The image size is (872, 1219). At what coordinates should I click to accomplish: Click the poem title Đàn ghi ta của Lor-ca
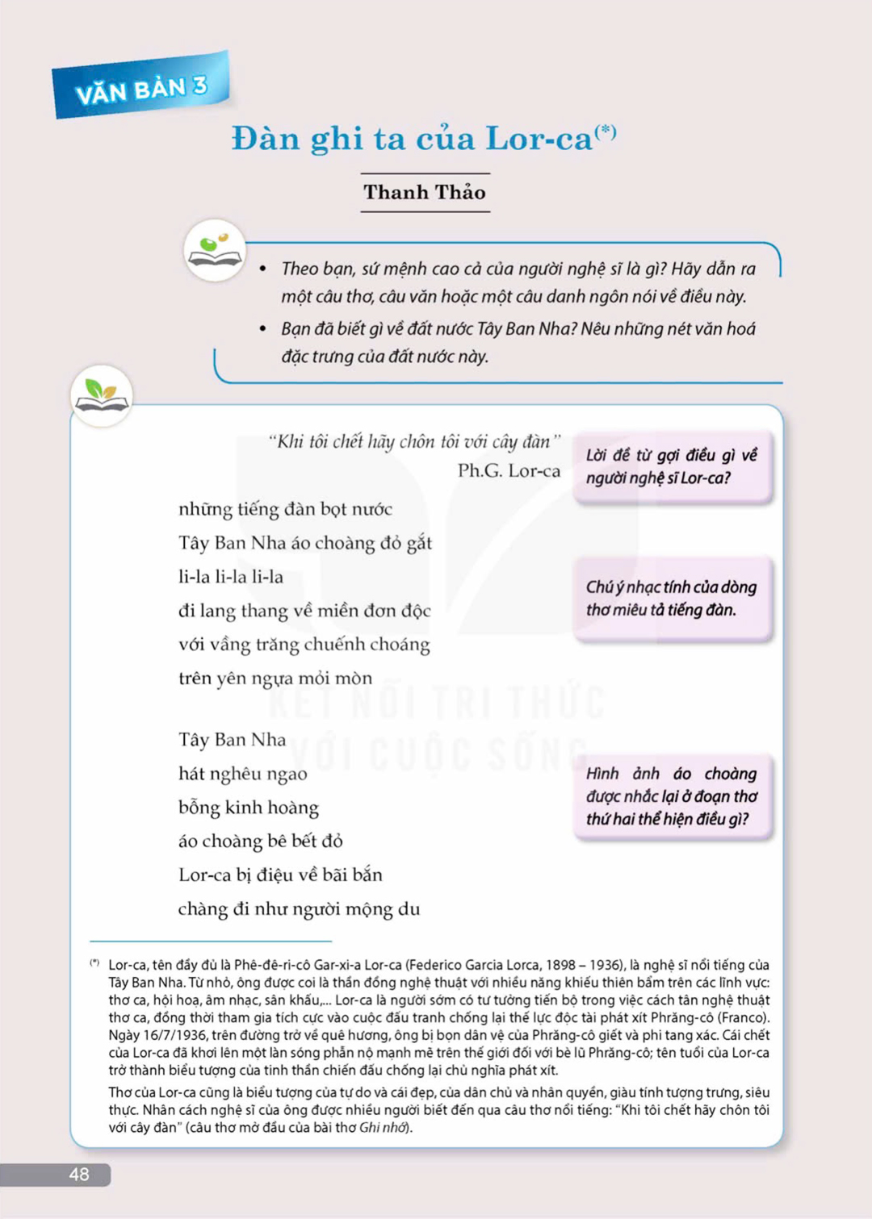coord(413,139)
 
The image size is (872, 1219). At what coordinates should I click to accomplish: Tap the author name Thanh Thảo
coord(425,192)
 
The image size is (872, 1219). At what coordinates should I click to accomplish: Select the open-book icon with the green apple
coord(214,249)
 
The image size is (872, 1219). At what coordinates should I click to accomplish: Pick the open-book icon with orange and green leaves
coord(101,395)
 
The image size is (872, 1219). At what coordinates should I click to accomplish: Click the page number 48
coord(78,1175)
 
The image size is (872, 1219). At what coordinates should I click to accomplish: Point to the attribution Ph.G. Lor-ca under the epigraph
coord(509,470)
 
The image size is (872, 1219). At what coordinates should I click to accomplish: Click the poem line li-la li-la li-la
coord(231,577)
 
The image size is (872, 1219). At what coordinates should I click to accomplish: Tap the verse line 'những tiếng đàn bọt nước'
coord(285,509)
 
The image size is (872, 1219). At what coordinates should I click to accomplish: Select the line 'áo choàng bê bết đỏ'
coord(260,841)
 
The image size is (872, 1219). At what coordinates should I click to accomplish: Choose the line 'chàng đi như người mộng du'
coord(299,908)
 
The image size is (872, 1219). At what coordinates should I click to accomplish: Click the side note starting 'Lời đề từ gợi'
coord(671,466)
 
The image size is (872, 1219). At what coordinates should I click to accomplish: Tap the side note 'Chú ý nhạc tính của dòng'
coord(671,598)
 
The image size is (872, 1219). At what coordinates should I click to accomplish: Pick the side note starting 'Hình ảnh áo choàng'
coord(671,796)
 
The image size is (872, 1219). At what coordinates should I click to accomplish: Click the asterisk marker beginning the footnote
coord(94,962)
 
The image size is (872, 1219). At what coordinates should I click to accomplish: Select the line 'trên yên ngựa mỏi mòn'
coord(275,678)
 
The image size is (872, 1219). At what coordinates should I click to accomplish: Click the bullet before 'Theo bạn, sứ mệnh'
coord(263,269)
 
